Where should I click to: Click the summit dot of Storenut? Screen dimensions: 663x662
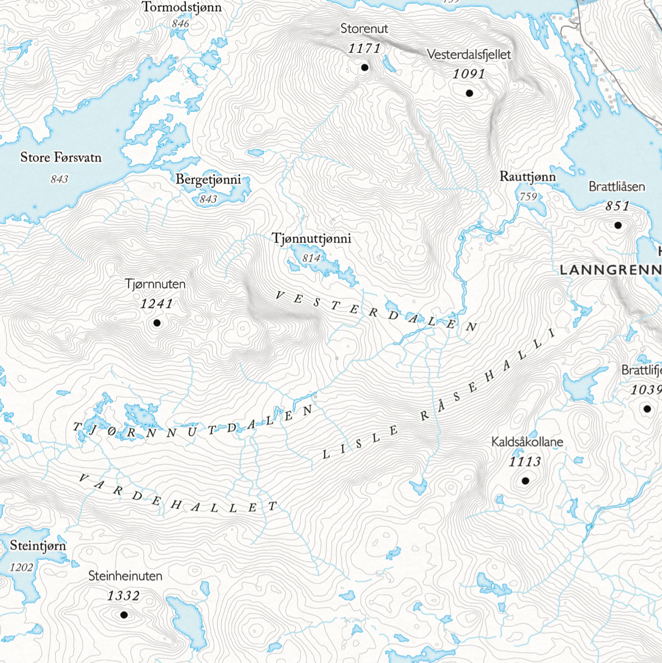click(364, 67)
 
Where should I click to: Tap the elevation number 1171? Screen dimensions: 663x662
click(364, 49)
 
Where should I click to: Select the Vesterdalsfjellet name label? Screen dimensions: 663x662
click(469, 55)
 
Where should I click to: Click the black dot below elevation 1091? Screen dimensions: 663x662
click(469, 93)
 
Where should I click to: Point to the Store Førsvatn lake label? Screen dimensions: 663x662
click(61, 158)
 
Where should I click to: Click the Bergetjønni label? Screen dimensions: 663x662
click(208, 180)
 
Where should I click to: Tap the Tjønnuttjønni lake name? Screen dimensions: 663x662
click(311, 239)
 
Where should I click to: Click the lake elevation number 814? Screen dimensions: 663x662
click(311, 258)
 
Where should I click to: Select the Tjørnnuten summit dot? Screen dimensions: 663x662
click(157, 323)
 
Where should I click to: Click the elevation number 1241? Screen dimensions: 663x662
click(157, 304)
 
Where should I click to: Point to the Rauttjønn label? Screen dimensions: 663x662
click(527, 177)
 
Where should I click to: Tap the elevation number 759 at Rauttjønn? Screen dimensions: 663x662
click(528, 196)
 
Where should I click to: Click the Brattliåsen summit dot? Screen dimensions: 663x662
click(618, 225)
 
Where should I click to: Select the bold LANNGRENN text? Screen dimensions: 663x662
click(610, 270)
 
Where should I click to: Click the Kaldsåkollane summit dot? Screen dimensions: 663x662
click(525, 481)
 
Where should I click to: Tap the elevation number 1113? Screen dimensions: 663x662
click(525, 462)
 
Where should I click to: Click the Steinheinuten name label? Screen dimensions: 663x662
click(125, 576)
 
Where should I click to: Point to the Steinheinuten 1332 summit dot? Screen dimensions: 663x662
click(124, 614)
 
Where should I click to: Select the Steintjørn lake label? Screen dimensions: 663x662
click(38, 546)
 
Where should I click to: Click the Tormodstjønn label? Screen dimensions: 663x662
click(181, 7)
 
